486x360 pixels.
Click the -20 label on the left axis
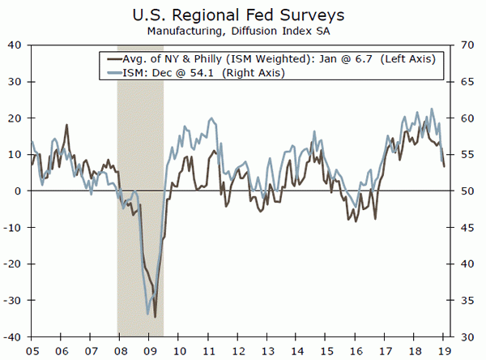[x=15, y=264]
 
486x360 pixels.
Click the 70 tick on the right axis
[x=468, y=45]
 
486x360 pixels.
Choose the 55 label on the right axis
[x=468, y=155]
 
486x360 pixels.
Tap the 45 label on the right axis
[x=468, y=228]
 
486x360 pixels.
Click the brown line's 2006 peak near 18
[x=66, y=125]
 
